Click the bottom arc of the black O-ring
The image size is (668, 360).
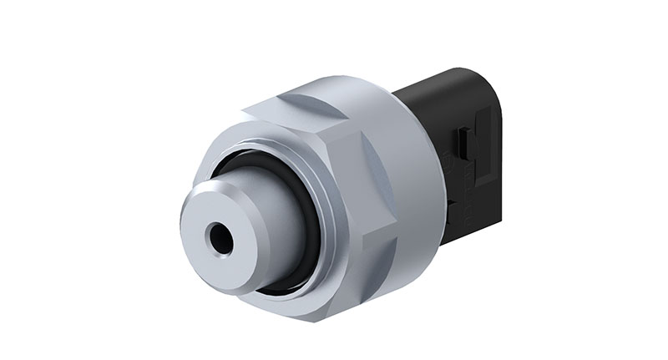(276, 285)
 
